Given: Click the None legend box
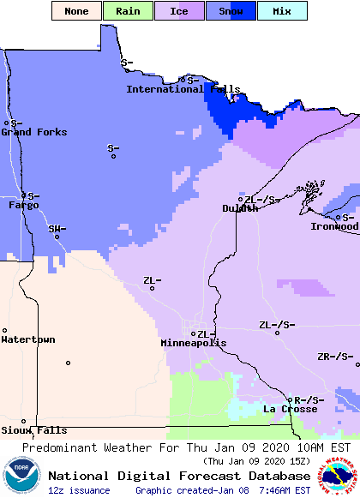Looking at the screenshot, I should pyautogui.click(x=76, y=11).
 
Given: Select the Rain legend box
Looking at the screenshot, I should pyautogui.click(x=128, y=11).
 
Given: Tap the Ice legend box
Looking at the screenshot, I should pyautogui.click(x=179, y=11).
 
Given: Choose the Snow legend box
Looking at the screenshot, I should pyautogui.click(x=231, y=11).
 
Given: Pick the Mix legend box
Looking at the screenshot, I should pyautogui.click(x=282, y=11).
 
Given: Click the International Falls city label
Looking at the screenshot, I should pyautogui.click(x=183, y=89).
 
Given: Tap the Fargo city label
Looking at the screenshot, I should pyautogui.click(x=23, y=206).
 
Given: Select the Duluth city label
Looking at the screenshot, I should pyautogui.click(x=240, y=208).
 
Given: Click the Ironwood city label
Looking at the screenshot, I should pyautogui.click(x=334, y=226).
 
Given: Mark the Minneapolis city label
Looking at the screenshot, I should pyautogui.click(x=194, y=343).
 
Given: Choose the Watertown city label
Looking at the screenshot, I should pyautogui.click(x=28, y=340).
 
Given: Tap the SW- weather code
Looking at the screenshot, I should pyautogui.click(x=57, y=229).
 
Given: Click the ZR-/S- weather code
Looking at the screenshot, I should pyautogui.click(x=334, y=357).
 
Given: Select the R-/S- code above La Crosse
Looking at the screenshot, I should pyautogui.click(x=309, y=400).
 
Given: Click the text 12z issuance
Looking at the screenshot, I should pyautogui.click(x=79, y=490).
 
